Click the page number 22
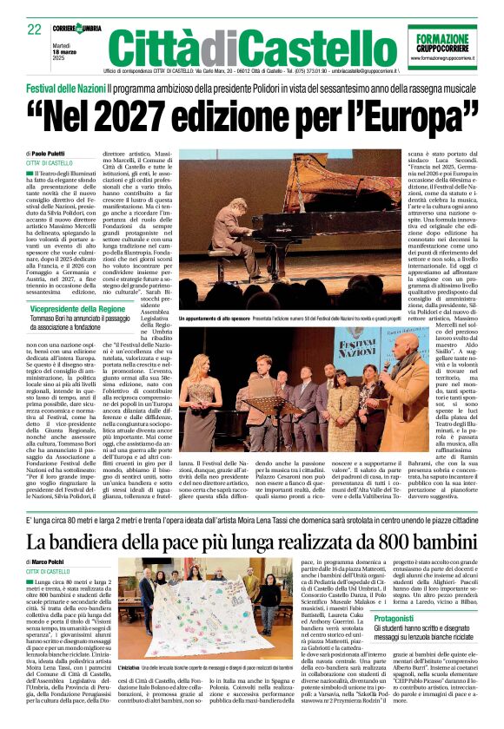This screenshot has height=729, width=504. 34,29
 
